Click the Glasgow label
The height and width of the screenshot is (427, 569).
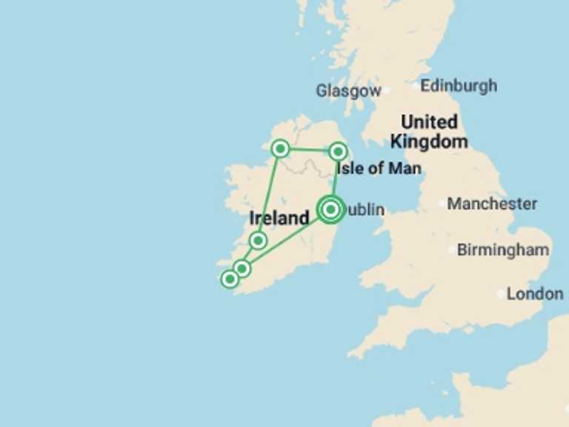click(x=347, y=90)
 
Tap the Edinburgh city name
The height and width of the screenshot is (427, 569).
click(x=459, y=86)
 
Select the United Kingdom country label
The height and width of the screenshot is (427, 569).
click(x=429, y=131)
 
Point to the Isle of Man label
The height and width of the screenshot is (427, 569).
click(x=379, y=168)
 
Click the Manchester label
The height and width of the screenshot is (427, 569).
click(x=492, y=203)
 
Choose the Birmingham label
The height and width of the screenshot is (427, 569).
click(x=503, y=250)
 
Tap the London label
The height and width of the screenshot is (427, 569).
click(x=535, y=294)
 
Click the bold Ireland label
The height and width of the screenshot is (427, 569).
click(x=279, y=218)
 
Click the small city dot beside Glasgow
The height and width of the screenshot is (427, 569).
click(x=386, y=91)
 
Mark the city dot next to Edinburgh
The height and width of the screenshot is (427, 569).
click(x=415, y=86)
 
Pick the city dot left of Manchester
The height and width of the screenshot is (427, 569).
click(x=442, y=203)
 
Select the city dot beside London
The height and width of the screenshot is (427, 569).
click(x=501, y=294)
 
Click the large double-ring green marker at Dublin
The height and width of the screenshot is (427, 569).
click(x=330, y=210)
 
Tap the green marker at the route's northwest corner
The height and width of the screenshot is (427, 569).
click(x=280, y=149)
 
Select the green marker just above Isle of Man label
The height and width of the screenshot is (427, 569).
click(x=338, y=152)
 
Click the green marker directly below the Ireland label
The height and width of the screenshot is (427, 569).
click(x=258, y=240)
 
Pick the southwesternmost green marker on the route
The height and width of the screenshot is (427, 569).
click(x=230, y=279)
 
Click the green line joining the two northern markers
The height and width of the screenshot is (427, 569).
click(x=309, y=150)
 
